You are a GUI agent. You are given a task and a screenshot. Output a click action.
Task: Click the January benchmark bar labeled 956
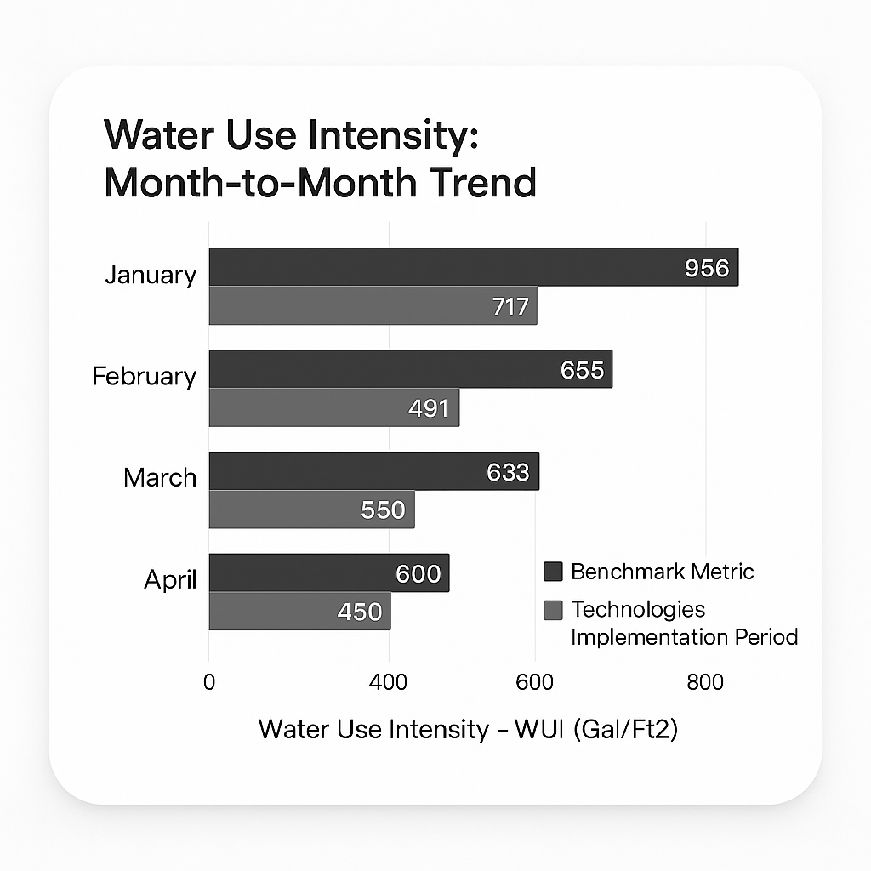(x=473, y=267)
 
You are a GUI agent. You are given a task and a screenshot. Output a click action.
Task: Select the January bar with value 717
(x=373, y=305)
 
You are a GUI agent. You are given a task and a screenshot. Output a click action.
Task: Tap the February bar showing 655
(x=410, y=369)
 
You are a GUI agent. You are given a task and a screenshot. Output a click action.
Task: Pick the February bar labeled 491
(x=333, y=407)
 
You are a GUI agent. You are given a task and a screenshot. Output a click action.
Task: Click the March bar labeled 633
(x=373, y=471)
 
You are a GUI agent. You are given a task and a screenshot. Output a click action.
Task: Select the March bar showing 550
(x=311, y=510)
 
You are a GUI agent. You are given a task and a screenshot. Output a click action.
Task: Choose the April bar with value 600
(x=328, y=573)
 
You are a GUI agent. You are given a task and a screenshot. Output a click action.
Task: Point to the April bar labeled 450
(x=299, y=612)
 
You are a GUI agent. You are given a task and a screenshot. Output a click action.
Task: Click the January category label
(x=151, y=275)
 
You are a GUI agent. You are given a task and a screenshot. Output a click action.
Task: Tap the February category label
(x=145, y=376)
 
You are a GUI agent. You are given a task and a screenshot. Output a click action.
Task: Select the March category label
(x=160, y=477)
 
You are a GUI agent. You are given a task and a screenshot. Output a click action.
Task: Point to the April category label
(x=170, y=580)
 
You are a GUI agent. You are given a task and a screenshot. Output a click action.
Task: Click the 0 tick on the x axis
(x=209, y=682)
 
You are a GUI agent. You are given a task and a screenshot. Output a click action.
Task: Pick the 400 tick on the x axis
(x=389, y=682)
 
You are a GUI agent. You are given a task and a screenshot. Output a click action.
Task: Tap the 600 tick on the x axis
(x=534, y=682)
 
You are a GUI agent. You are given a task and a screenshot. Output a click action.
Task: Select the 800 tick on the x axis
(x=705, y=682)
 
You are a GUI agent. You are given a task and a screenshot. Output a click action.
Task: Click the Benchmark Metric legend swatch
(x=553, y=572)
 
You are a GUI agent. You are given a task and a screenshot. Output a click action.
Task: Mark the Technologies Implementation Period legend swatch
(x=553, y=610)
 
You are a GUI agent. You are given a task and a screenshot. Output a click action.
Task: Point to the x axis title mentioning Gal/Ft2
(x=468, y=730)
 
